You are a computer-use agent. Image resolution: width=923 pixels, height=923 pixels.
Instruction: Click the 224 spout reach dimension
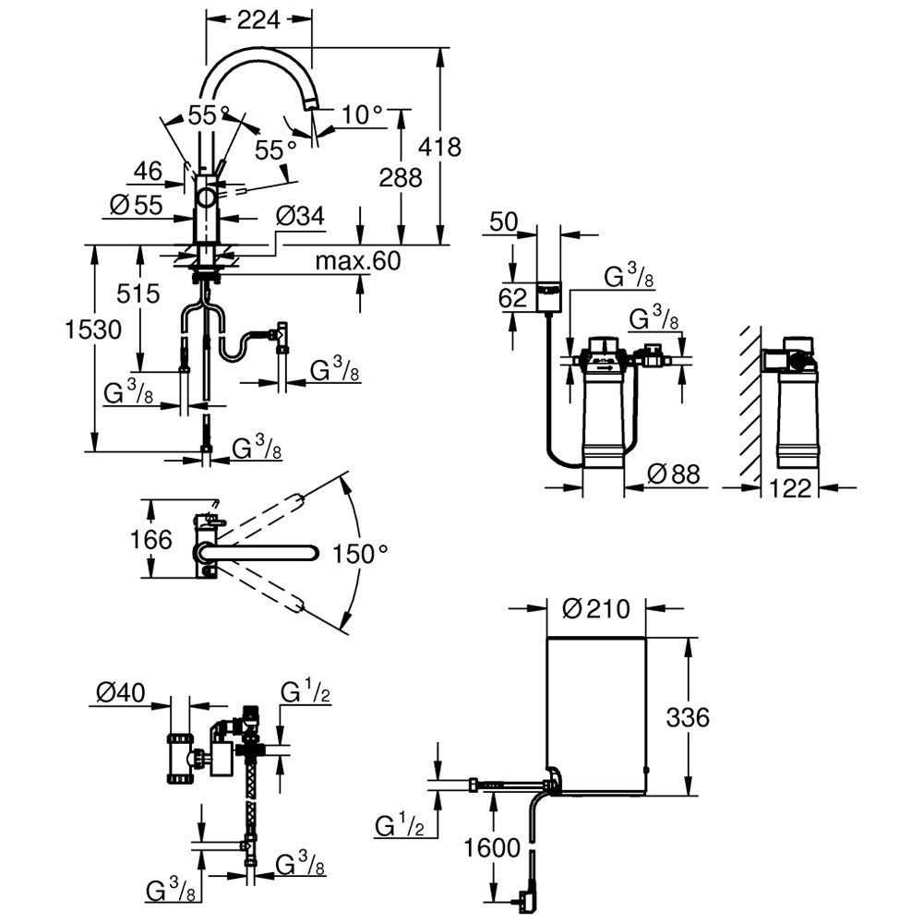pos(258,20)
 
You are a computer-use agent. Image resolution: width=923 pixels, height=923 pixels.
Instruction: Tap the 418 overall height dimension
pos(439,147)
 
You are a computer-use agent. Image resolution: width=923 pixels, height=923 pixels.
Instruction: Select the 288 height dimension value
pos(401,177)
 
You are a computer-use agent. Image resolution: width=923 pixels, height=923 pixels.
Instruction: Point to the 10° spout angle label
pos(362,115)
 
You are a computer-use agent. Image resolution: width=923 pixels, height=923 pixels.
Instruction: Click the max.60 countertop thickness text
pos(358,261)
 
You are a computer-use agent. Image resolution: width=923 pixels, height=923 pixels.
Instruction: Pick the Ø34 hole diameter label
pos(300,216)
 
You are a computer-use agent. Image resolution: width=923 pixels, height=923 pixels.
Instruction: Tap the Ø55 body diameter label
pos(136,205)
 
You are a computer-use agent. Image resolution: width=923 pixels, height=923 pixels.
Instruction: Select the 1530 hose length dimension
pos(93,330)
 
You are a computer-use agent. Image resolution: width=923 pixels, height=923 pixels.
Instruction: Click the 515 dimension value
pos(138,294)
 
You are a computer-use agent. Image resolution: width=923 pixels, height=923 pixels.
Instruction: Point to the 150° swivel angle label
pos(360,553)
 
